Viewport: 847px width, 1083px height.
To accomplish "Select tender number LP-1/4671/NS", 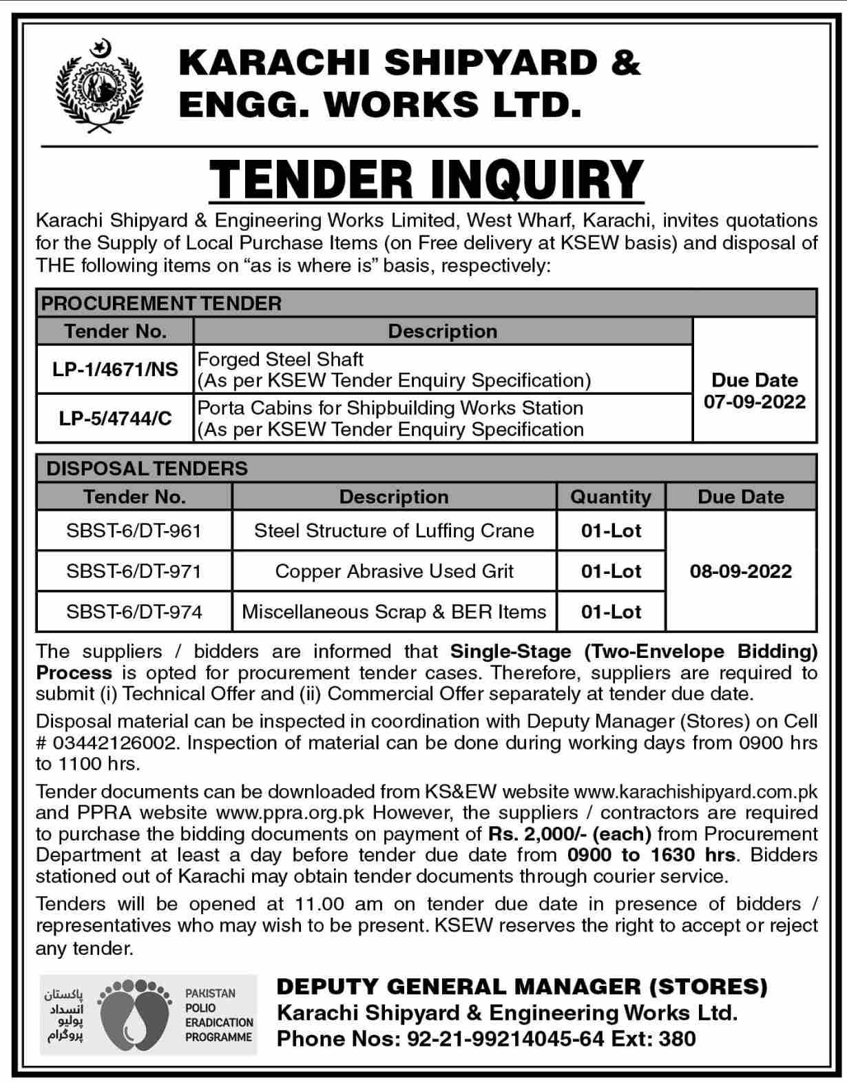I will (x=115, y=369).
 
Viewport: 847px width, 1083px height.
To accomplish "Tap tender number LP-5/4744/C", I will (x=115, y=418).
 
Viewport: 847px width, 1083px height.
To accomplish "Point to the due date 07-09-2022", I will (x=755, y=401).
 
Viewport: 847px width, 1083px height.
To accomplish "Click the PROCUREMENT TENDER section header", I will (x=163, y=303).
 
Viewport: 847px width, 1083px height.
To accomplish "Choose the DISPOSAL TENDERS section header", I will (x=147, y=468).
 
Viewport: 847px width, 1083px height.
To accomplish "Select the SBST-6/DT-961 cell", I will (x=134, y=530).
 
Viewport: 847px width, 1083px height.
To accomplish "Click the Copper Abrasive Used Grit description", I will (x=394, y=571).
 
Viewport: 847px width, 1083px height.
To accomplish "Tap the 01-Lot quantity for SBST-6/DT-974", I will (x=611, y=612).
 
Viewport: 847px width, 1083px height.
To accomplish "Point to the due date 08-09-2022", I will (x=741, y=571).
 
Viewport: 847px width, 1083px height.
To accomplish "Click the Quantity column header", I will (x=611, y=497).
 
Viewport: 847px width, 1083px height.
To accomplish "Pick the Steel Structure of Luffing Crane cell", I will (x=394, y=530).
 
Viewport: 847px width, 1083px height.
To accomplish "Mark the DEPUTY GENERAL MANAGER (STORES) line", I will (x=521, y=987).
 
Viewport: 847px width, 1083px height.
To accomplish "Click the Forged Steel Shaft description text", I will (x=281, y=359).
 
